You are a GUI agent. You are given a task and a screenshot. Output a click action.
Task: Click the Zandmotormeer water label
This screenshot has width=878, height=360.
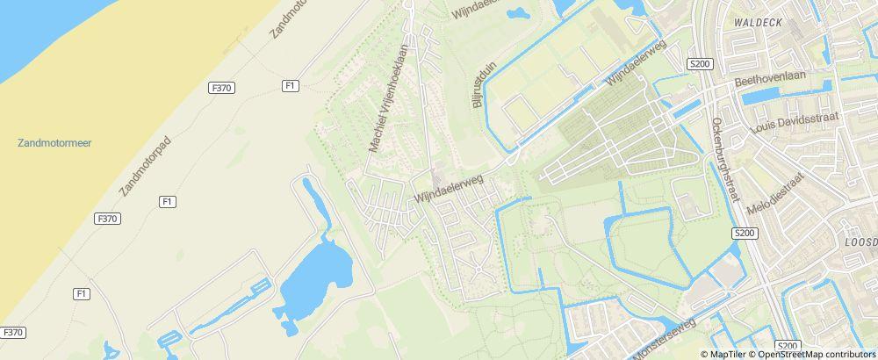(x=54, y=142)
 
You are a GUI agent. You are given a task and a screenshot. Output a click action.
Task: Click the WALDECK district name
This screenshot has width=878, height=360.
(x=759, y=20)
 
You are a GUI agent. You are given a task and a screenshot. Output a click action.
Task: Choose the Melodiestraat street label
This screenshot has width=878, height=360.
(x=775, y=194)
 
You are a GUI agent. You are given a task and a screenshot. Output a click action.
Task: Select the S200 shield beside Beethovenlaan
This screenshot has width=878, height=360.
(x=700, y=64)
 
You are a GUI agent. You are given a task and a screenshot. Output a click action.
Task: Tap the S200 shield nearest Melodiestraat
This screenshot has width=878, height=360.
(x=744, y=233)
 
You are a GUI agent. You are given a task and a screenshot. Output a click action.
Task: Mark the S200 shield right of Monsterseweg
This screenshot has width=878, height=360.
(x=788, y=347)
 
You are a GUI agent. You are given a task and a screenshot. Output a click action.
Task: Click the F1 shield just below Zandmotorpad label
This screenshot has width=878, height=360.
(x=167, y=202)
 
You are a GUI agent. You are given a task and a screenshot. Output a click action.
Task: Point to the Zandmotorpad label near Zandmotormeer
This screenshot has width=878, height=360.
(x=146, y=166)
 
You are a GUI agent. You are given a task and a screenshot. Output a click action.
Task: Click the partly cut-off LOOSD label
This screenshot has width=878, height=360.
(x=860, y=241)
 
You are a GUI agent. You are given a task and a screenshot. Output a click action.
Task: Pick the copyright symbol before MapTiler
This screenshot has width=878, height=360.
(x=705, y=355)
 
